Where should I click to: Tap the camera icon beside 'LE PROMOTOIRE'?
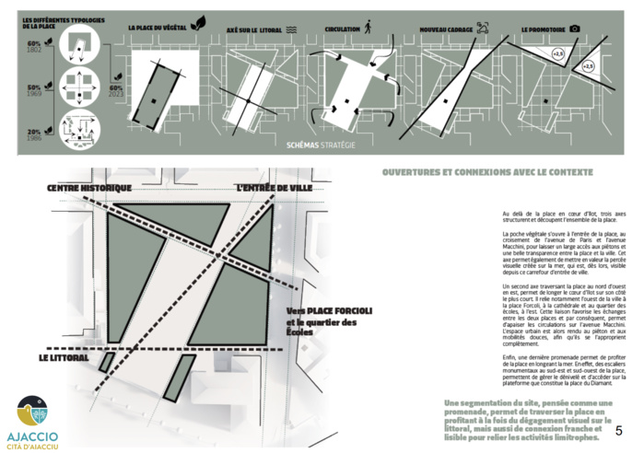(x=575, y=29)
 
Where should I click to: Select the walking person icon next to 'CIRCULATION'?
(x=369, y=29)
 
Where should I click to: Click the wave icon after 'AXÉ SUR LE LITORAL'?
(x=291, y=29)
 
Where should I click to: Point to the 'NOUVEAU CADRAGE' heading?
(x=447, y=29)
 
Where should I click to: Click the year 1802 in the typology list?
(x=34, y=50)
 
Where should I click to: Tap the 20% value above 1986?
(x=33, y=131)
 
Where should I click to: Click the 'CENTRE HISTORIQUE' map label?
(x=90, y=189)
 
